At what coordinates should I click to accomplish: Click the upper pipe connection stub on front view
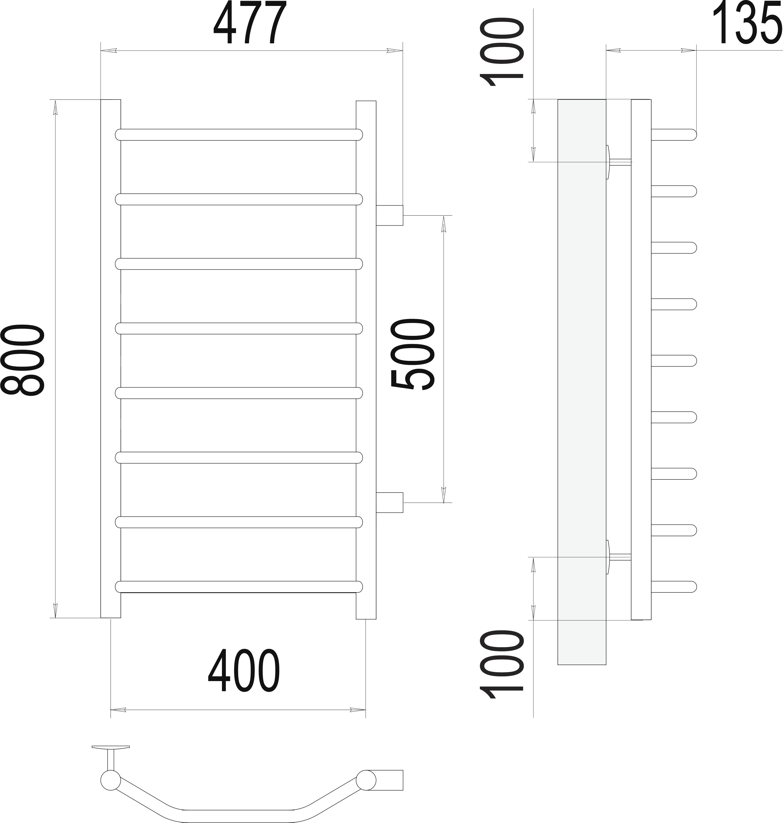pyautogui.click(x=390, y=215)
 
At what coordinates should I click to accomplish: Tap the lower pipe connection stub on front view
pyautogui.click(x=390, y=503)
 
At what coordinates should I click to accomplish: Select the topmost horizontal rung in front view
pyautogui.click(x=239, y=135)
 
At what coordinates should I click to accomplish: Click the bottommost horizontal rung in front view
pyautogui.click(x=239, y=587)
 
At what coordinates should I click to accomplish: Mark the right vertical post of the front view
pyautogui.click(x=366, y=360)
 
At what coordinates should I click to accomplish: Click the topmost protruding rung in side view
pyautogui.click(x=674, y=135)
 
